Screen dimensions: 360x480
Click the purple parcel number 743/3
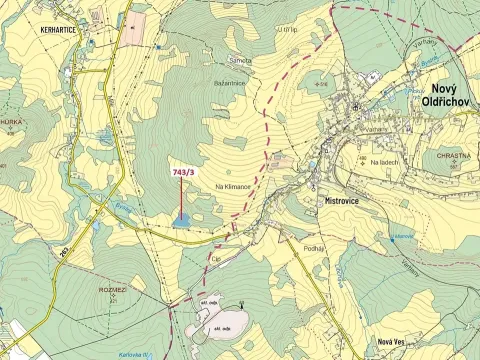coord(184,173)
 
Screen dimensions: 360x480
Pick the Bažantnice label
coord(230,83)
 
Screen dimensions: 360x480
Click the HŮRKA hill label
coord(11,119)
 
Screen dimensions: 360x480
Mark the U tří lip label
coord(287,31)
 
